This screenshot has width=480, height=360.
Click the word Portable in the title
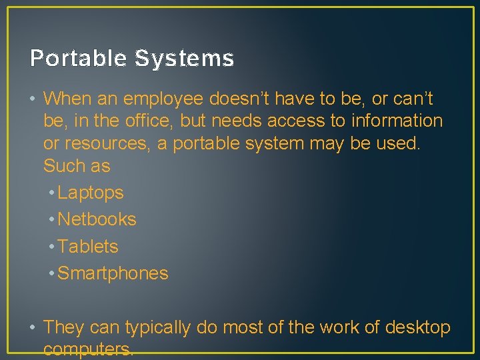pos(78,59)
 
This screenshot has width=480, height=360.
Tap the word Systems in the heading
pos(184,59)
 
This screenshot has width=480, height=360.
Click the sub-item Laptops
pos(91,193)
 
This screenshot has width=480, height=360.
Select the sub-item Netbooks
pos(97,219)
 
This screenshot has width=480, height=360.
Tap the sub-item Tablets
pos(88,247)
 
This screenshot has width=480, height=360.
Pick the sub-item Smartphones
pos(113,273)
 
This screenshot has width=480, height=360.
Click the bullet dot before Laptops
pos(51,193)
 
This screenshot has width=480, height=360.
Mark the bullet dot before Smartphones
pos(51,274)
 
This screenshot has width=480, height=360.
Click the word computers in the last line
pos(87,349)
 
